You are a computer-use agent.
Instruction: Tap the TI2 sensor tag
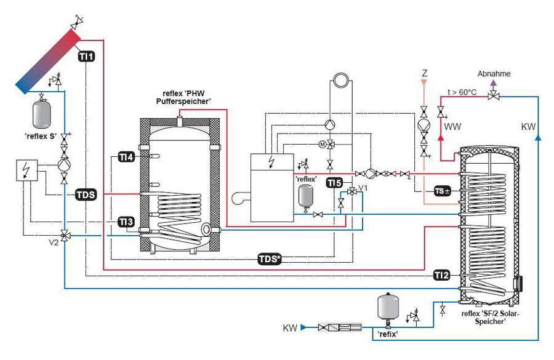(x=441, y=274)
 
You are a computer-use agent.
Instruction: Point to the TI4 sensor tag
(x=126, y=158)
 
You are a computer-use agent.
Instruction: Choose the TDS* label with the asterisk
(x=269, y=258)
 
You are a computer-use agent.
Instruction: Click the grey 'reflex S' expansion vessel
(x=41, y=113)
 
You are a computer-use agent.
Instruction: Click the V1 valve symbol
(x=351, y=192)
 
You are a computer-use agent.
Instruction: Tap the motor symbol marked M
(x=321, y=144)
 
